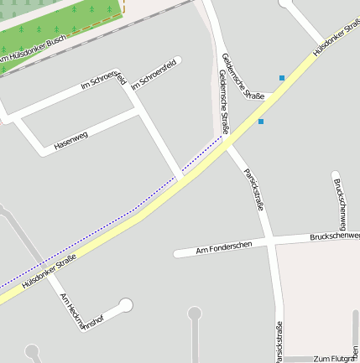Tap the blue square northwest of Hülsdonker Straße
[282, 78]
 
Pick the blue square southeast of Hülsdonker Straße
[261, 122]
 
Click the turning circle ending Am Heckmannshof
[126, 304]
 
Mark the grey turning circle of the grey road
[195, 314]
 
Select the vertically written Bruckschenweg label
[339, 202]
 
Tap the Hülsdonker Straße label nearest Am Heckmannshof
[50, 272]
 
